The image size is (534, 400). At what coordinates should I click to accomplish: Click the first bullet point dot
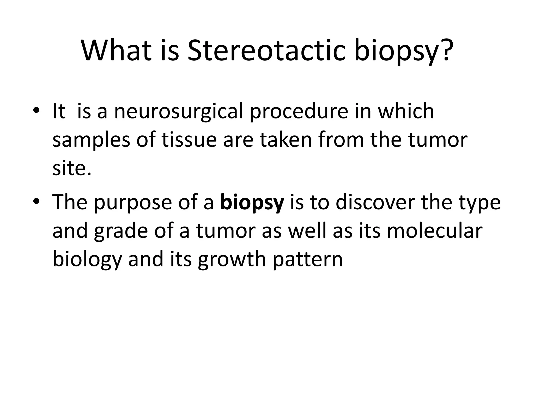coord(36,111)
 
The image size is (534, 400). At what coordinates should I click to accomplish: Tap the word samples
coord(91,140)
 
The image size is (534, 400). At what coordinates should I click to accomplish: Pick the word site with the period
coord(72,168)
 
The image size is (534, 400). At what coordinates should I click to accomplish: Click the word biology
coord(87,260)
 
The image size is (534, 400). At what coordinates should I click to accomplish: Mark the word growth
coord(232,260)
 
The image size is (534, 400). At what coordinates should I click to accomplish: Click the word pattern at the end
coord(308,260)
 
